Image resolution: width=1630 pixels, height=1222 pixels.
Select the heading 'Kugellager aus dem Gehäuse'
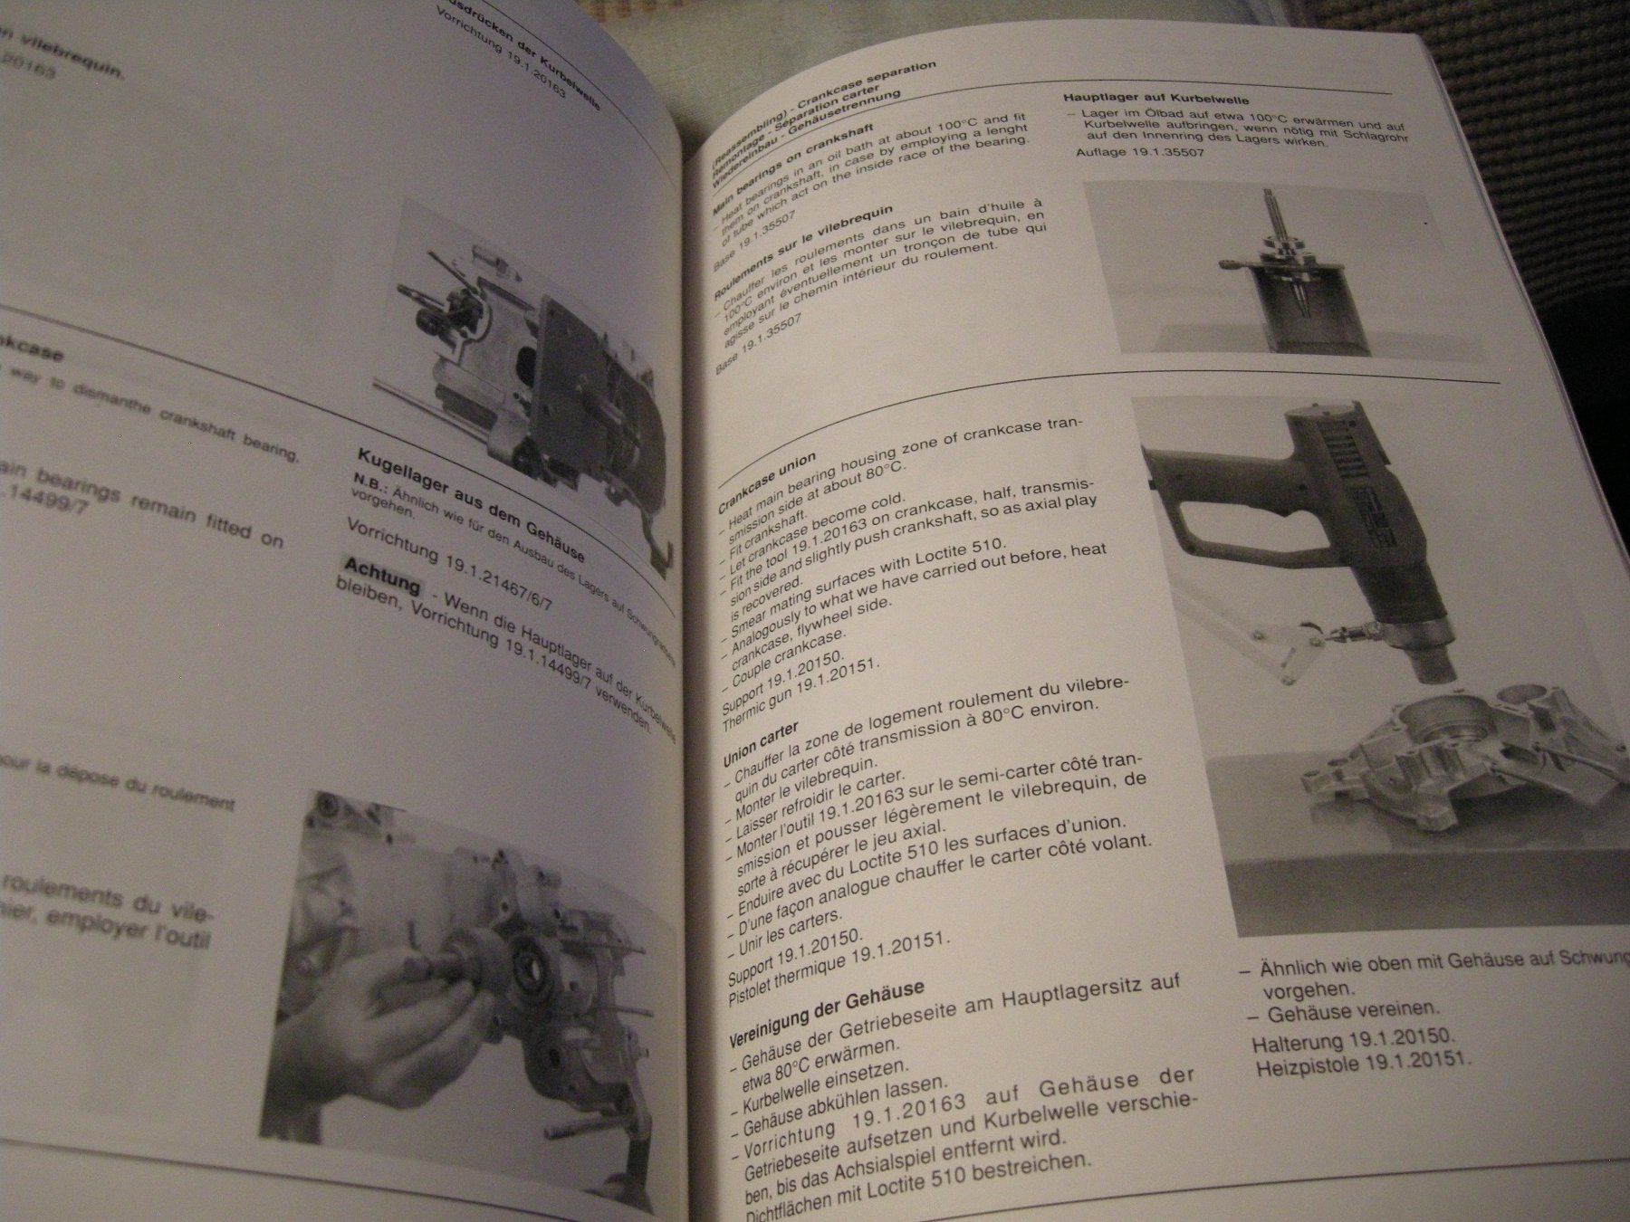[x=471, y=503]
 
